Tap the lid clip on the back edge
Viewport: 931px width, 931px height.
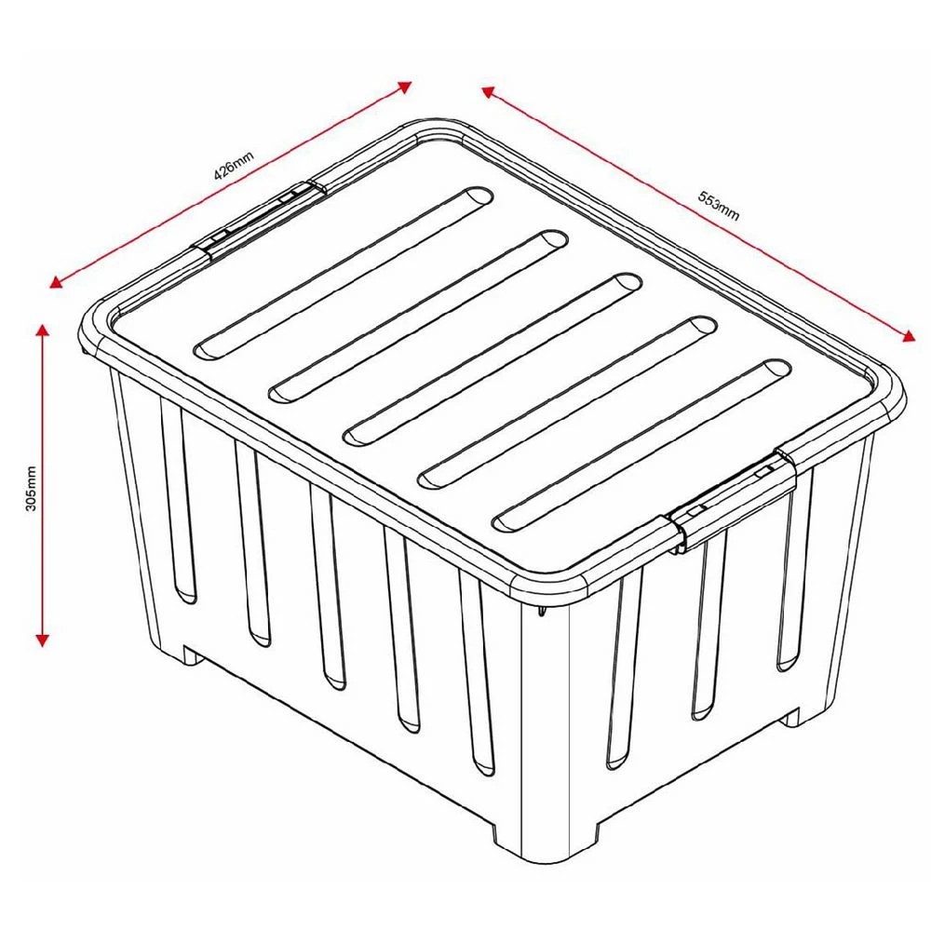(x=261, y=217)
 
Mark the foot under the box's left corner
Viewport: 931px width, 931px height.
(x=191, y=654)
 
